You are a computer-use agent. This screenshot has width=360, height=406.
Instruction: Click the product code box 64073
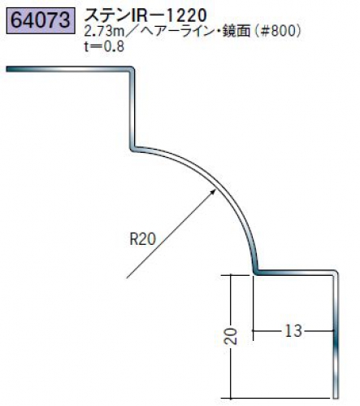pos(41,21)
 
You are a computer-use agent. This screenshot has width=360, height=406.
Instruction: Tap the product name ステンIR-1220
pos(145,15)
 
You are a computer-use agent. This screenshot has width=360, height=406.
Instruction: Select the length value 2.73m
pos(104,32)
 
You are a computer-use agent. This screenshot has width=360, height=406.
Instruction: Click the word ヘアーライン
pos(176,32)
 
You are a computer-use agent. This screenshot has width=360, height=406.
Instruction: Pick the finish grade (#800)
pos(277,32)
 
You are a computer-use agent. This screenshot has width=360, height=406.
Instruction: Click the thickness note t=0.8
pos(104,46)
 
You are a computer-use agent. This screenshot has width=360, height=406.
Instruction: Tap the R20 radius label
pos(143,239)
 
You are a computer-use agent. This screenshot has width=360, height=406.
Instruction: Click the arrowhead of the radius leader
pos(213,192)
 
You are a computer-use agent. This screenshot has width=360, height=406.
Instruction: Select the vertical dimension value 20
pos(231,336)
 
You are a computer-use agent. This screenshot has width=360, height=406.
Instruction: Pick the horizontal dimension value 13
pos(293,331)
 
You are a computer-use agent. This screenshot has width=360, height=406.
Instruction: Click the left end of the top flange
pos(7,69)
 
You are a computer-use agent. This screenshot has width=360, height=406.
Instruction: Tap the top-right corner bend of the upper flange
pos(132,69)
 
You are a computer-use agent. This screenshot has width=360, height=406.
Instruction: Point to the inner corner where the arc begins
pos(132,149)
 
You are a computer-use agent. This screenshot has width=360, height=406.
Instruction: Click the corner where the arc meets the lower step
pos(255,272)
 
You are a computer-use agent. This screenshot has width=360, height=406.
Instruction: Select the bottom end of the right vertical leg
pos(336,397)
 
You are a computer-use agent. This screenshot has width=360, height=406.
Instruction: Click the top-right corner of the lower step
pos(336,273)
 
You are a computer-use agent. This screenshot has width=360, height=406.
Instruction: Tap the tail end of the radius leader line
pos(127,277)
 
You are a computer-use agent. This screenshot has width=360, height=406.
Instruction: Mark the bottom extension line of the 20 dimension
pos(275,398)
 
